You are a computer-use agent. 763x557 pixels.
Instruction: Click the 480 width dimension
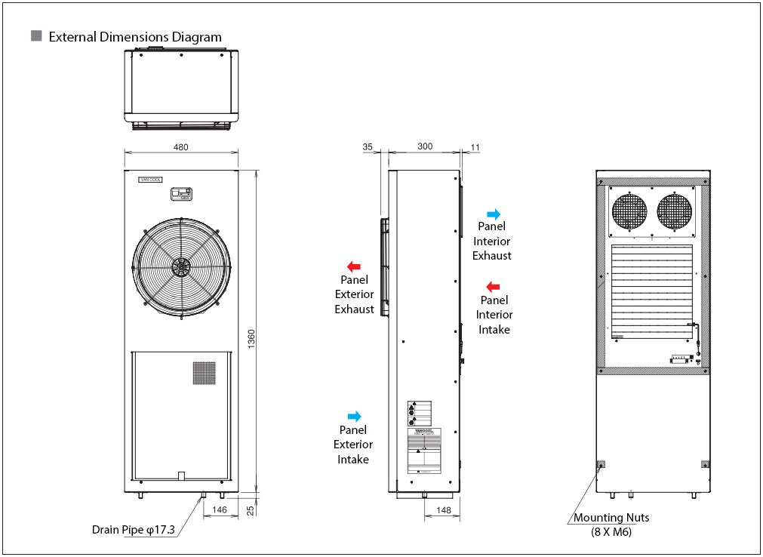[181, 147]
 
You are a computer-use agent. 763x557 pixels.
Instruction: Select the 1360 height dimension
[251, 340]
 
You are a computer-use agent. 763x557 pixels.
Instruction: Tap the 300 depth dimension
[425, 146]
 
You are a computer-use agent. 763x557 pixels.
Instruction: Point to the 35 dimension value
[368, 146]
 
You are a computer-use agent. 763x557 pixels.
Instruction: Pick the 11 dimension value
[475, 146]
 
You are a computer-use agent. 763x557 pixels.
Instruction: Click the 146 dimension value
[220, 511]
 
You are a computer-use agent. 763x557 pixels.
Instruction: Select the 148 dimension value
[444, 511]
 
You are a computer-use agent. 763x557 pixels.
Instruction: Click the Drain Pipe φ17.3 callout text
[134, 530]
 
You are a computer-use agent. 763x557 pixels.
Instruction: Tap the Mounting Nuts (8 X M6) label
[611, 525]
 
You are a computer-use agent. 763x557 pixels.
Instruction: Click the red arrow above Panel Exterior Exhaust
[353, 266]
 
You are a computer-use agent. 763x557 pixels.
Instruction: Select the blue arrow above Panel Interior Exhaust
[493, 214]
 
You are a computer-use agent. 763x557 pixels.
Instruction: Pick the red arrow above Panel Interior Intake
[493, 287]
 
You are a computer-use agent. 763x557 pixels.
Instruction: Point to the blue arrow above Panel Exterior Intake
[354, 417]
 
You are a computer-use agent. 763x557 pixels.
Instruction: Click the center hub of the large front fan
[181, 266]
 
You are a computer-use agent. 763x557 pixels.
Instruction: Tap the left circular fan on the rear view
[630, 211]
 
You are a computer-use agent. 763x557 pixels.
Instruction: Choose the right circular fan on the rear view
[675, 211]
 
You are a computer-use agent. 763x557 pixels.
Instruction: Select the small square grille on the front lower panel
[204, 373]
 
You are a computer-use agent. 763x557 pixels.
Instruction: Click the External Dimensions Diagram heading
[135, 37]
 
